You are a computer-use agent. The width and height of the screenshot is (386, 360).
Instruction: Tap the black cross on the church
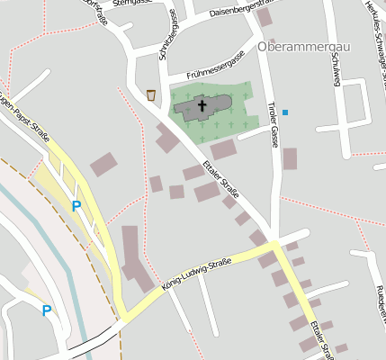(x=202, y=106)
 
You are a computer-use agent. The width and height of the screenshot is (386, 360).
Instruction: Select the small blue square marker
(x=285, y=112)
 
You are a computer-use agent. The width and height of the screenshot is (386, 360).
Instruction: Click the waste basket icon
(x=151, y=94)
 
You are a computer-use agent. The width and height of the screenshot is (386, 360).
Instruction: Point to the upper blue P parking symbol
(x=76, y=206)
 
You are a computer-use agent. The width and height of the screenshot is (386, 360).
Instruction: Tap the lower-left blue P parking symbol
(x=46, y=311)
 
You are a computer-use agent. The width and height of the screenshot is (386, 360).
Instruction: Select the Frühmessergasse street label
(x=215, y=63)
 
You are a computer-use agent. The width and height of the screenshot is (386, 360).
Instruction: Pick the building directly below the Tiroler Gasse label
(x=290, y=158)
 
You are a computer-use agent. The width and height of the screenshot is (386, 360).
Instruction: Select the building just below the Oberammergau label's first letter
(x=265, y=18)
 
